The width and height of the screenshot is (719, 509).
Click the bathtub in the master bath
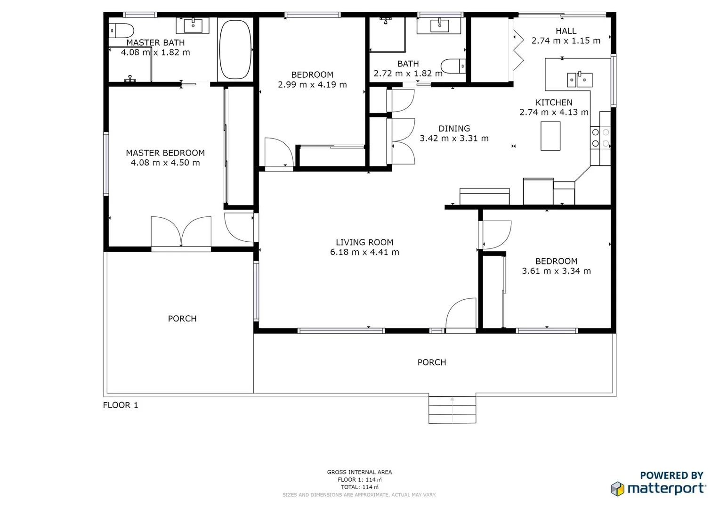coord(235,49)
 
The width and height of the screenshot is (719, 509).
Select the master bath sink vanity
coord(193,25)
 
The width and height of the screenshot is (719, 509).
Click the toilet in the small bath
coord(452,66)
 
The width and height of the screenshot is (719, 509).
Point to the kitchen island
coord(550,136)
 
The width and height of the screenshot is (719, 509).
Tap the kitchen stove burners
coord(600,138)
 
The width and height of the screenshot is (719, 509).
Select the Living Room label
coord(364,242)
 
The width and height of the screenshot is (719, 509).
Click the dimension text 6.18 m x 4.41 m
coord(364,253)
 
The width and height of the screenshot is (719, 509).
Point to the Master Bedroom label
coord(165,153)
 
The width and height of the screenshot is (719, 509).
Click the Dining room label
coord(454,128)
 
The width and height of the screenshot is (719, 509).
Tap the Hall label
coord(566,31)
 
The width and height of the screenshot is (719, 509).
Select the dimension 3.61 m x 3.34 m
coord(556,271)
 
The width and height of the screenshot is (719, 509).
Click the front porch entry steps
coord(452,410)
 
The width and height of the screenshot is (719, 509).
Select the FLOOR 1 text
coord(121,405)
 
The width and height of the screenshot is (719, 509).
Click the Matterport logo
coord(658,488)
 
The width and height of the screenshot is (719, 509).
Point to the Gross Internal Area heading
coord(359,472)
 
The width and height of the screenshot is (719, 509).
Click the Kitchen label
coord(554,102)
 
